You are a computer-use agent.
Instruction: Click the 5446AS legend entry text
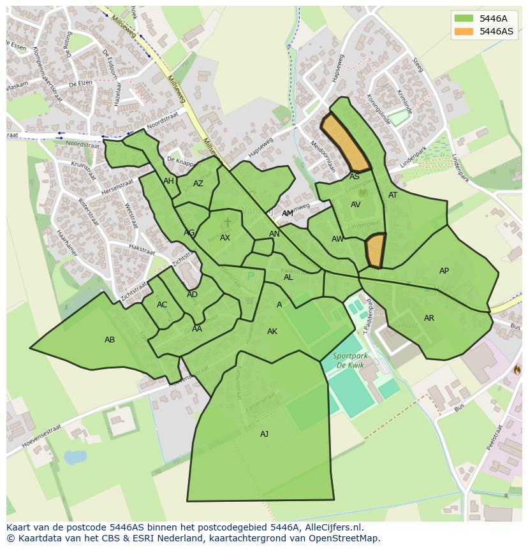[x=496, y=31]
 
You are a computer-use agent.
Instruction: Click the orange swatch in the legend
[x=464, y=31]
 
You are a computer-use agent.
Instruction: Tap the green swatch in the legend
[x=464, y=18]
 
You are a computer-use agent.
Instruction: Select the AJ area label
[x=264, y=434]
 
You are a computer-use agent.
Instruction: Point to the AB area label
[x=110, y=340]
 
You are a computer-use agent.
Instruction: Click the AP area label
[x=444, y=271]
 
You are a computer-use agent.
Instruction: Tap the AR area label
[x=429, y=318]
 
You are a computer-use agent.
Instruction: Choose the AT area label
[x=393, y=195]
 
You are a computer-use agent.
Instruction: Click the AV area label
[x=356, y=205]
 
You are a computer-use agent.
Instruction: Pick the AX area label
[x=225, y=238]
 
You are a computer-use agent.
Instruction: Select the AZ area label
[x=198, y=184]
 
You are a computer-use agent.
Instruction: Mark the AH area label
[x=168, y=181]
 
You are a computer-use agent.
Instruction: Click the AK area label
[x=272, y=332]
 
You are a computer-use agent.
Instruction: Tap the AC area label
[x=162, y=305]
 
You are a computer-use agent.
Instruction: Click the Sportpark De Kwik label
[x=348, y=360]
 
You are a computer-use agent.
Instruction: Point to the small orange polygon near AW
[x=376, y=251]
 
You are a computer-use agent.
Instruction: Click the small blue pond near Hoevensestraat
[x=75, y=457]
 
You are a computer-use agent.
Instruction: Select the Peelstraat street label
[x=495, y=437]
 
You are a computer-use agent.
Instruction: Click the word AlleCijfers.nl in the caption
[x=334, y=527]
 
